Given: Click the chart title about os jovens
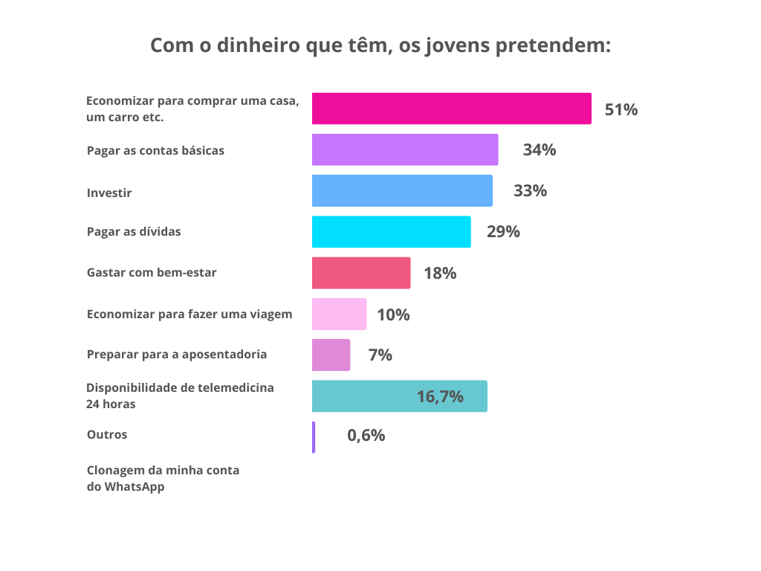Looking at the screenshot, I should point(380,46).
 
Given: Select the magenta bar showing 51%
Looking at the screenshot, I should point(451,109).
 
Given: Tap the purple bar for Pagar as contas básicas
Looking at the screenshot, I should point(405,149).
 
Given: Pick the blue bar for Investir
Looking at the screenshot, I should point(402,190).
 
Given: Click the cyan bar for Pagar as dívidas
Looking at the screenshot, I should point(391,231).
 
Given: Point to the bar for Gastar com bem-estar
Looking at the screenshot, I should point(361,273).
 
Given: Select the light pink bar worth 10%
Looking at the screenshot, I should point(339,314).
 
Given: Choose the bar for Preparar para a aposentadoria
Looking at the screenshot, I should point(331,355).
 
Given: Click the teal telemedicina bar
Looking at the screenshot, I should point(399,396).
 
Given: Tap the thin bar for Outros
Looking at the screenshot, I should point(314,437).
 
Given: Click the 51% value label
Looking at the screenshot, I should point(621,110).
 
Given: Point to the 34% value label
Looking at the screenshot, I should point(540,150).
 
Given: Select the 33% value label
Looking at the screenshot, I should point(531,191).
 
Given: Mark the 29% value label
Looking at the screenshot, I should point(503,232).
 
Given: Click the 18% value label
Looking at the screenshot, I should point(440,274).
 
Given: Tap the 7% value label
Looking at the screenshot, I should point(380,355).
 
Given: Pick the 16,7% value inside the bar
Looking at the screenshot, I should point(440,397).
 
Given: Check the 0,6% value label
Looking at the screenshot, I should point(366,436).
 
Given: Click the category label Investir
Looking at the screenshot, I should point(109,193).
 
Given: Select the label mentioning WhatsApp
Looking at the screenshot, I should point(163,479).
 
